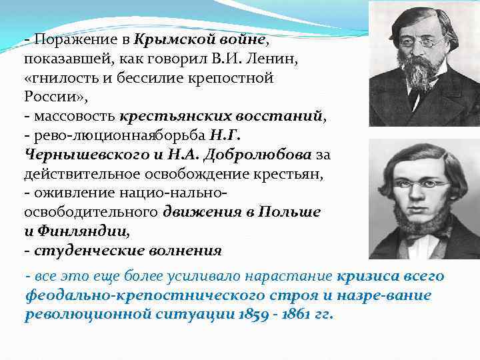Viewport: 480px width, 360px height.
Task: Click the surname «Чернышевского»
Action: pos(79,155)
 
